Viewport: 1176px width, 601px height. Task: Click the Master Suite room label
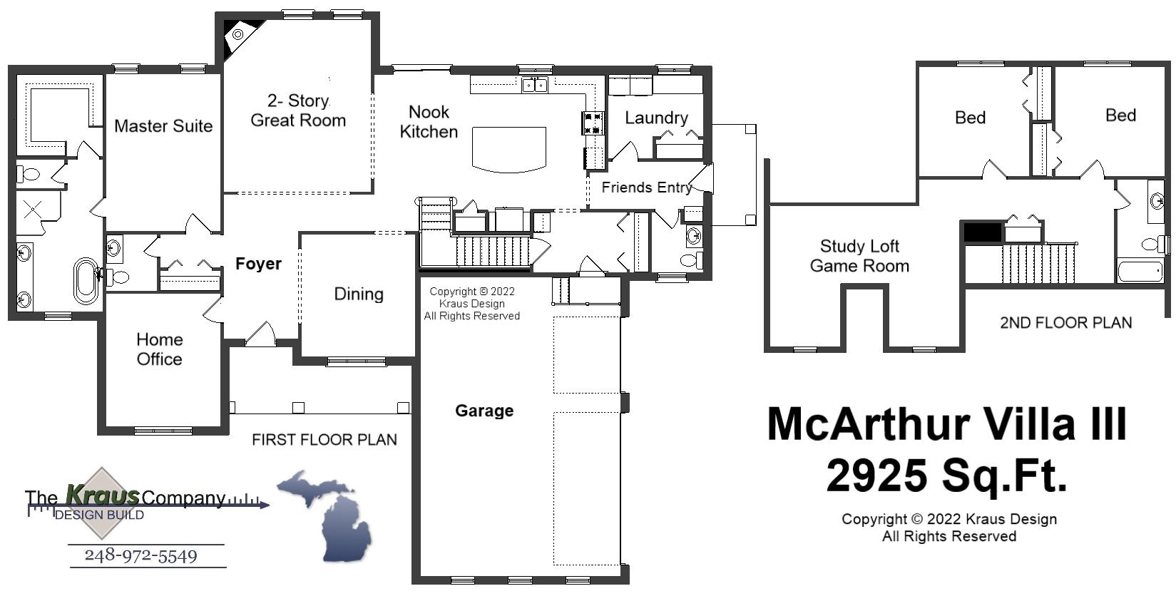[163, 126]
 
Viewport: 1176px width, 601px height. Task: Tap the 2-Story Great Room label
[298, 111]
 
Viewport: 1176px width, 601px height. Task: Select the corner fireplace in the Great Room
[237, 34]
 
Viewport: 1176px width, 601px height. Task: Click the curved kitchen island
[508, 149]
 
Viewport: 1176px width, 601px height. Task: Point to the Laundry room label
[656, 118]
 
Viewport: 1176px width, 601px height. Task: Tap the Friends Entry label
[646, 188]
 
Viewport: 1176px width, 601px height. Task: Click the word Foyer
[258, 264]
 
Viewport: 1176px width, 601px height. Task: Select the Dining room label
[359, 294]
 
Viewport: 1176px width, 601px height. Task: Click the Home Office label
[160, 349]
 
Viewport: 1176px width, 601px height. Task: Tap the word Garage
[484, 411]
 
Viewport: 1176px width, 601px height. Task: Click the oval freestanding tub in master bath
[86, 281]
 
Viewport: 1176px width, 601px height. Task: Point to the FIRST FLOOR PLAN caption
[324, 440]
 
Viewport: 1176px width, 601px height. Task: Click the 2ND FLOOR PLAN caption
[1065, 323]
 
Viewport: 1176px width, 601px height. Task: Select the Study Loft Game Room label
[859, 256]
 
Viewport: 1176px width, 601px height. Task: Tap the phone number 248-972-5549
[140, 555]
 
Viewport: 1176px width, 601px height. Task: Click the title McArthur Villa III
[946, 424]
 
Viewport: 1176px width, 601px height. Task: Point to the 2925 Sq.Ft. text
[946, 476]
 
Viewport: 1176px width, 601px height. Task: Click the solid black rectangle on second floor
[982, 232]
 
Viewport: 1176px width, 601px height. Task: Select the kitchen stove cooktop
[593, 123]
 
